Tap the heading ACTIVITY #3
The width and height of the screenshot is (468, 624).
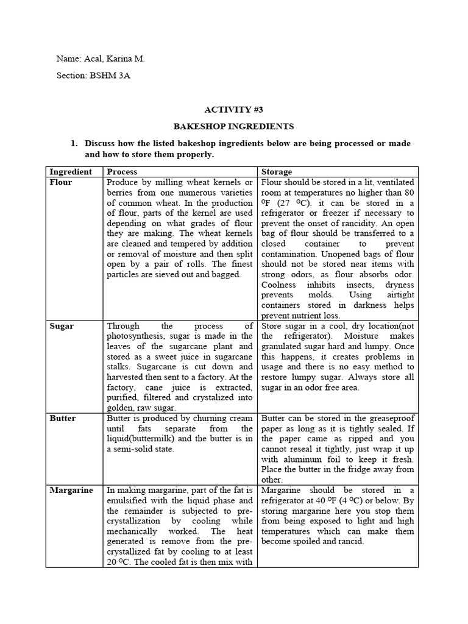pos(234,110)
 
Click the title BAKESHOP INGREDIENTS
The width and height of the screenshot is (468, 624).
pos(234,127)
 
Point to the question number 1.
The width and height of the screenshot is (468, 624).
pos(74,143)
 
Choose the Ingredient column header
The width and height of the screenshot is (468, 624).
pos(70,172)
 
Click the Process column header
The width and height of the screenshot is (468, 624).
pos(122,172)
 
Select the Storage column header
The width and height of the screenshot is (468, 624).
pos(277,172)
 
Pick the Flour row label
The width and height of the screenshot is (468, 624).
pos(60,182)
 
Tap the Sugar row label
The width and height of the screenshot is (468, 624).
pos(62,326)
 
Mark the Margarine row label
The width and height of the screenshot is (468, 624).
pos(71,490)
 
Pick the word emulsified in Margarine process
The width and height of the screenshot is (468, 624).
pos(132,500)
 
